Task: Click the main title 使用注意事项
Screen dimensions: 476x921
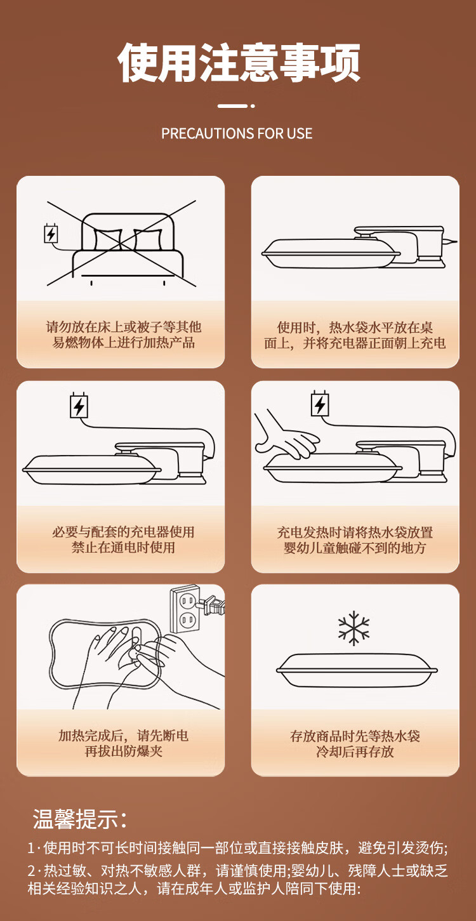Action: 239,63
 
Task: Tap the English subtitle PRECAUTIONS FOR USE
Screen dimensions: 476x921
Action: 237,133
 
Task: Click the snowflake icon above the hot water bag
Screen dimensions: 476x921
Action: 354,628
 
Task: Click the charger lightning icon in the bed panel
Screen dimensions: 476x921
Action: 51,234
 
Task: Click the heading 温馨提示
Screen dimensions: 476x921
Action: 79,819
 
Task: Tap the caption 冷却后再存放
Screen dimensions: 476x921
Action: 355,752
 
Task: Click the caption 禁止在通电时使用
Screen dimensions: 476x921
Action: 123,547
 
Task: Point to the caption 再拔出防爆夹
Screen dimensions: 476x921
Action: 123,751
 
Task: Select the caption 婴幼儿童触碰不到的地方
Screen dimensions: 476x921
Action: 355,548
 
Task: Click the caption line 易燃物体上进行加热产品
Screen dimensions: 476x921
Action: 123,343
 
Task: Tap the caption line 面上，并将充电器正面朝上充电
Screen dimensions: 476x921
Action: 355,343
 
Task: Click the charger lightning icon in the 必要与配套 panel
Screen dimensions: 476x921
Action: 79,406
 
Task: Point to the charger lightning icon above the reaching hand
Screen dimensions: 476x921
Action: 320,404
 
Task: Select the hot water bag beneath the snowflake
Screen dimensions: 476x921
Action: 357,670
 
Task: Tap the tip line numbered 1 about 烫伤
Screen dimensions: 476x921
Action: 237,847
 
